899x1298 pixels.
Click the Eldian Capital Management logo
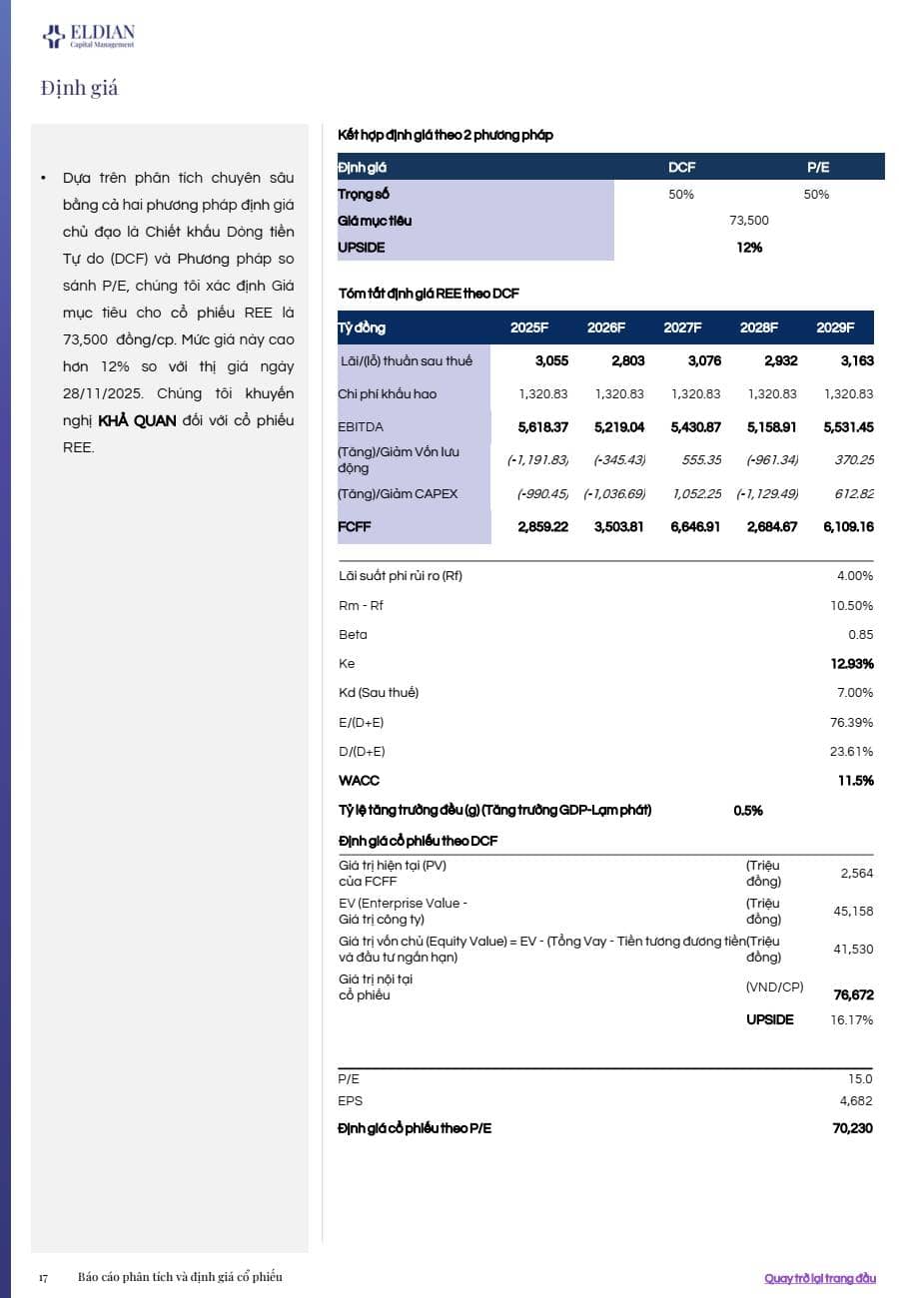coord(88,37)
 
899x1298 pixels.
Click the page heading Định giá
coord(80,88)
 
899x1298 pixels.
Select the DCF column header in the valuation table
coord(681,167)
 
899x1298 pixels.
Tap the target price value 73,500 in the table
coord(749,221)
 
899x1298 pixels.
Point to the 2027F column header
coord(682,327)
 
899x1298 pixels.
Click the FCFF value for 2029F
coord(848,527)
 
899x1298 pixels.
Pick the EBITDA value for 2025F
coord(542,427)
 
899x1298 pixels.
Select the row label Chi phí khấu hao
coord(388,394)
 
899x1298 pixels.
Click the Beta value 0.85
coord(860,635)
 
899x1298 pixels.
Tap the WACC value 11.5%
coord(856,781)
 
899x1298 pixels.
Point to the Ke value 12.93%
coord(852,664)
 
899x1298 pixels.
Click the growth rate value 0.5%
coord(748,811)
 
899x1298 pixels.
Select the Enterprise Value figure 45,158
coord(853,912)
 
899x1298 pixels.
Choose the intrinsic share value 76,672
coord(853,995)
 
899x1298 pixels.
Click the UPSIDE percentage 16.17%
coord(851,1020)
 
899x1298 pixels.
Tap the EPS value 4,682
coord(856,1101)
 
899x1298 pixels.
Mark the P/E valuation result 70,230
coord(853,1128)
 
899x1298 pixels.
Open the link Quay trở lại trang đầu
coord(819,1278)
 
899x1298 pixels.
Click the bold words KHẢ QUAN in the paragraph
coord(138,420)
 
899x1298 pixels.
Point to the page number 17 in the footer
coord(43,1278)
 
